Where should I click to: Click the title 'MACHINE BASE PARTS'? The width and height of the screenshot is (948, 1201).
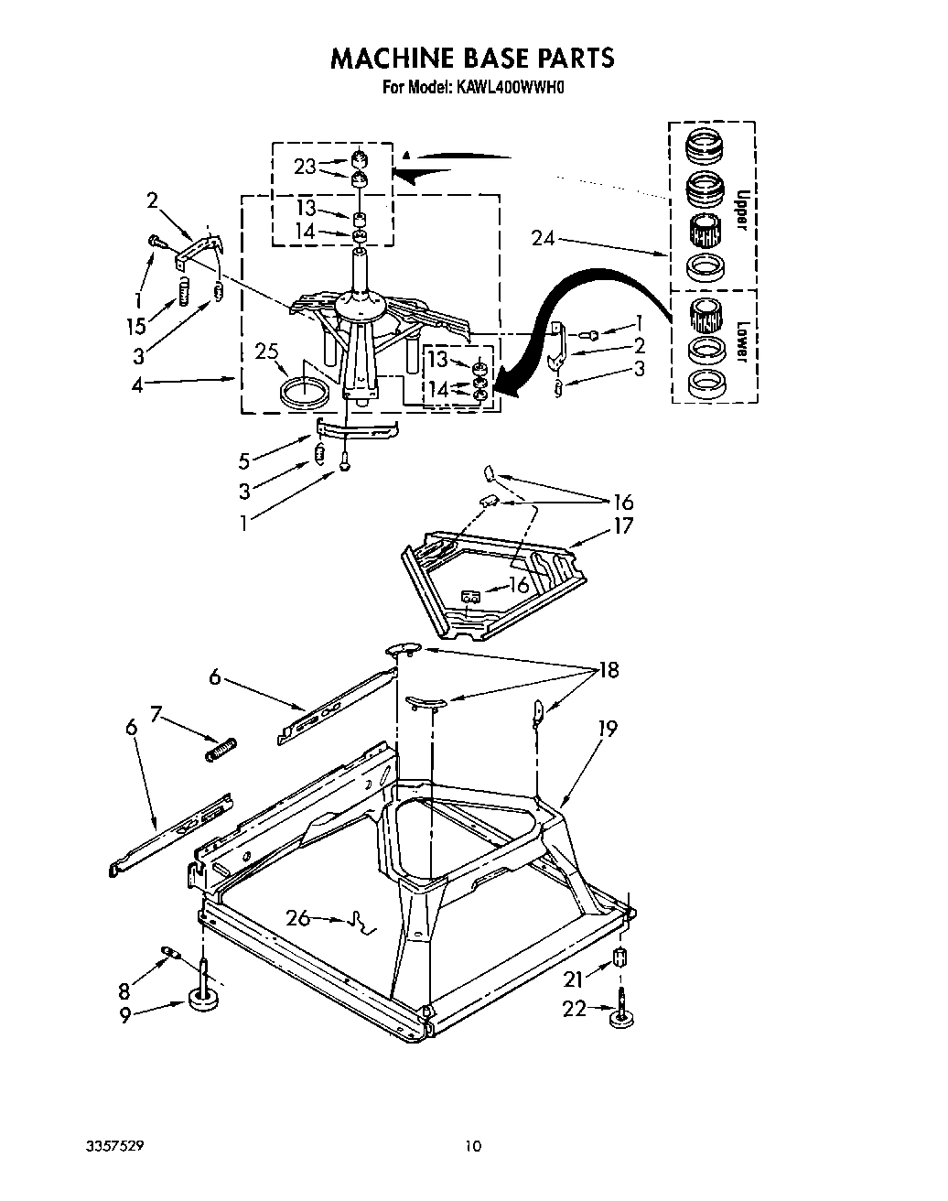(472, 59)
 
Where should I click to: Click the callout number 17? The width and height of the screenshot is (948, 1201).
(624, 525)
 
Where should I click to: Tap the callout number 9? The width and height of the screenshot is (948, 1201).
(125, 1014)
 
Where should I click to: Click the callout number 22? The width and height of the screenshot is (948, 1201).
(573, 1009)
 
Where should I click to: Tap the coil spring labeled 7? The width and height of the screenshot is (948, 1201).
(220, 748)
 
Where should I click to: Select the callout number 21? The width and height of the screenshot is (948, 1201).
(573, 979)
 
